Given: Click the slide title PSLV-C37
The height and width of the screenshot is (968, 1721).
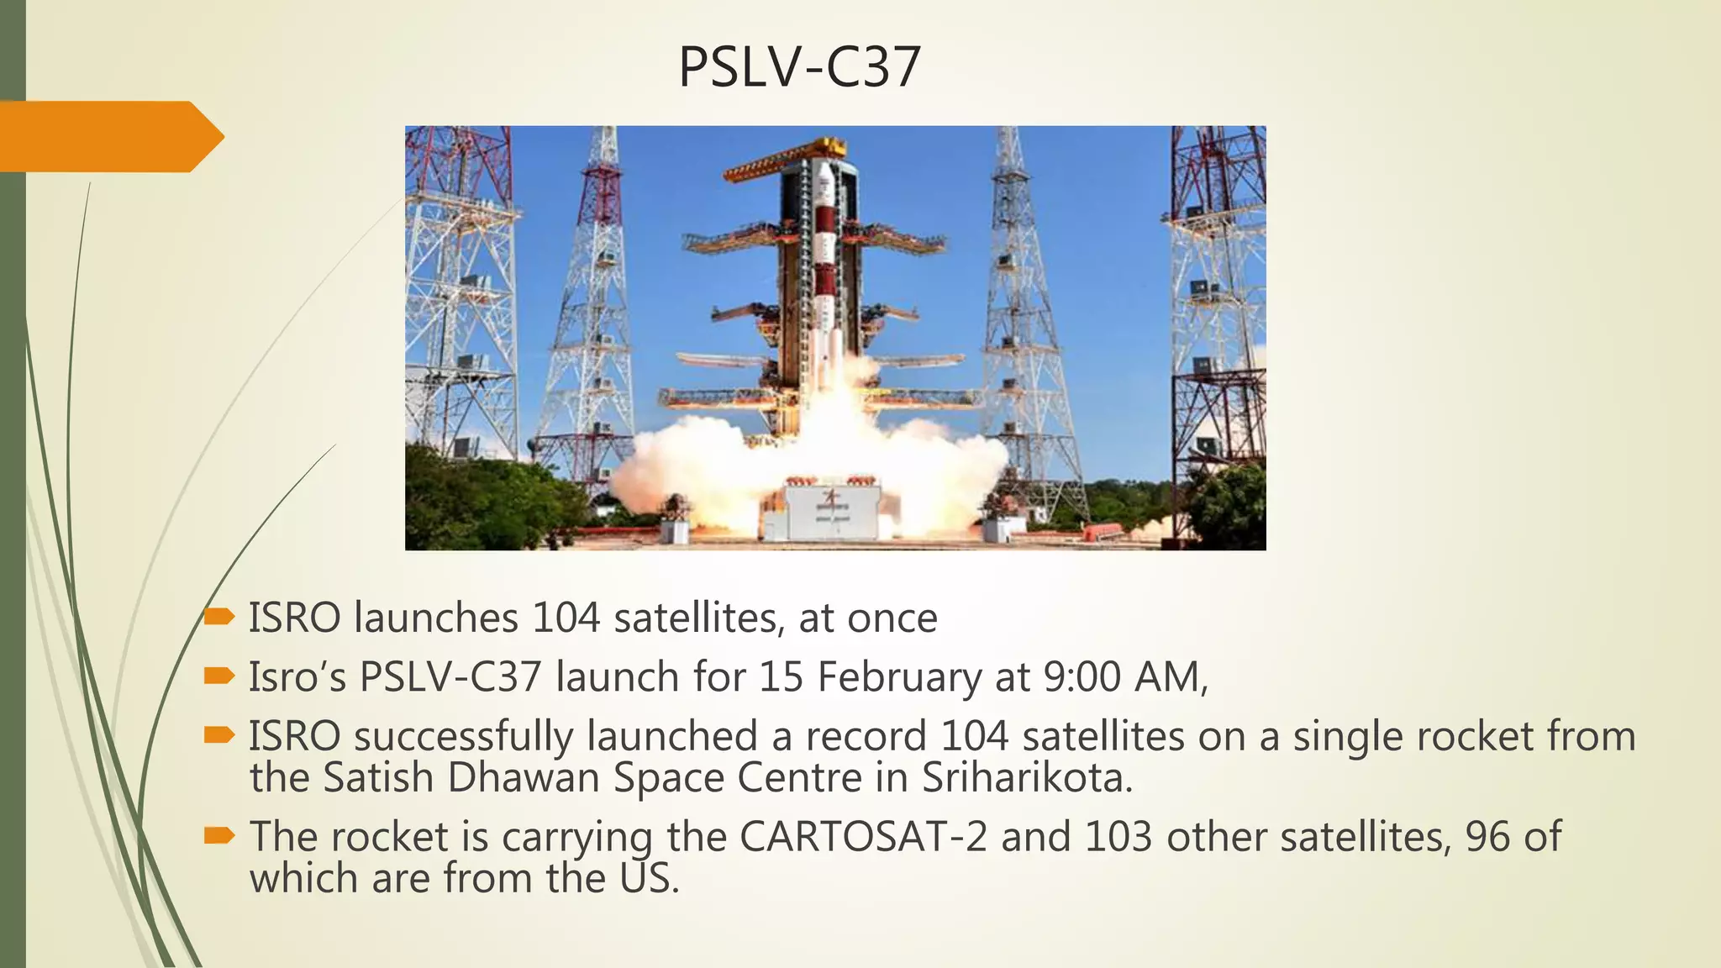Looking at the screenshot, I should point(799,67).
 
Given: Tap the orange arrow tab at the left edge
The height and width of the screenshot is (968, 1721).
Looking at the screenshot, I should point(109,136).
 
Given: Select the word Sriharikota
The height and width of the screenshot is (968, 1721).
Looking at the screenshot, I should point(1026,778).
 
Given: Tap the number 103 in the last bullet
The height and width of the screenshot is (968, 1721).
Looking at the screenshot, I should point(1118,837).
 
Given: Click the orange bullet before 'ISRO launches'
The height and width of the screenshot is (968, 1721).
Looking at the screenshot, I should point(218,618).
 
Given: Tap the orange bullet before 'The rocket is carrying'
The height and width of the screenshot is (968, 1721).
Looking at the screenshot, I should point(218,835).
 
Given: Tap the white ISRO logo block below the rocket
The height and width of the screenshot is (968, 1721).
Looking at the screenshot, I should point(833,511).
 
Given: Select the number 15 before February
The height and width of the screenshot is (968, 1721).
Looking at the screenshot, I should point(781,677).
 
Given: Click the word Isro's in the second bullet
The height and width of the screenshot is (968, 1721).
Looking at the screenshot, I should point(297,677).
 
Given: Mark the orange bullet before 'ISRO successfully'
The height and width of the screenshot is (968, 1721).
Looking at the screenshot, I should point(218,735).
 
